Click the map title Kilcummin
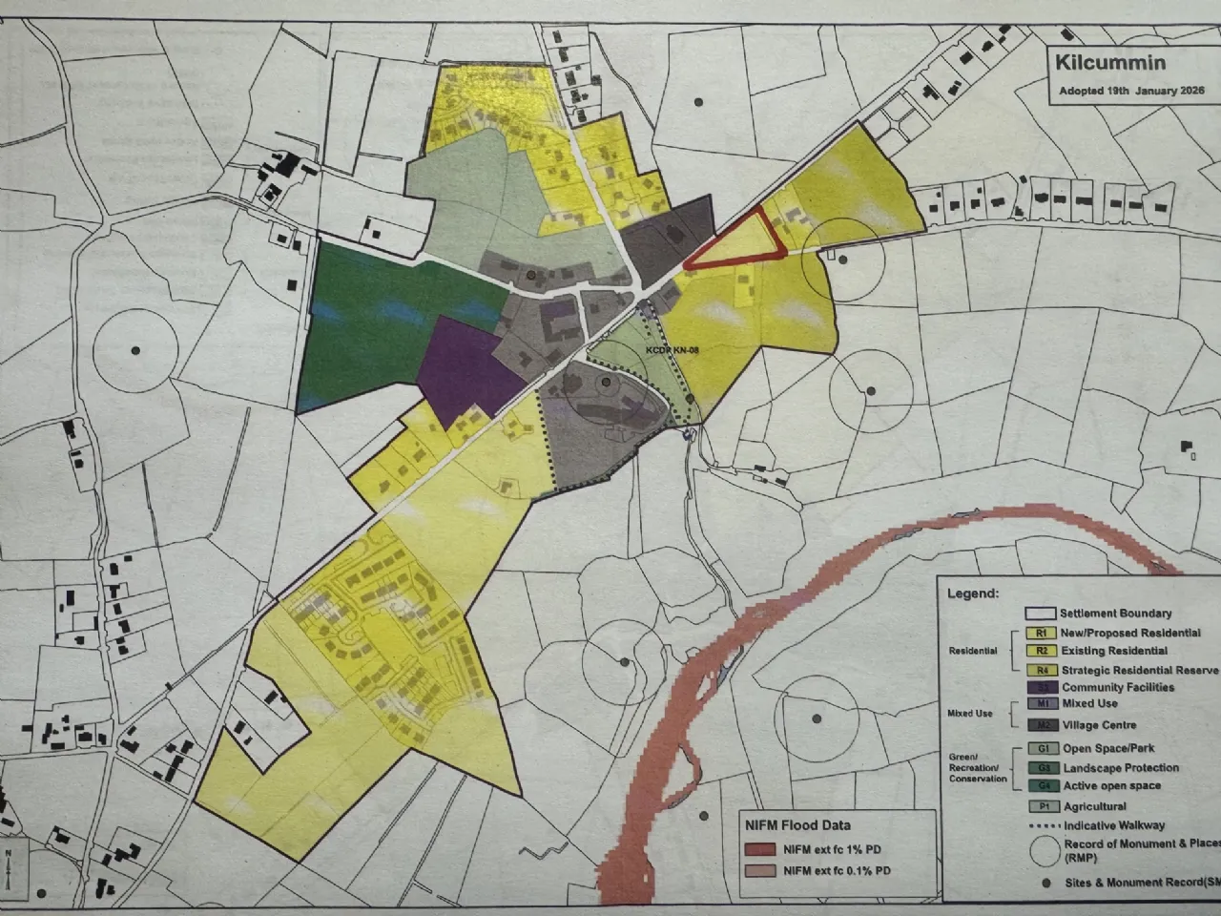pos(1096,64)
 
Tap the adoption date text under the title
pos(1131,92)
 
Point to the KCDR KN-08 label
pos(673,351)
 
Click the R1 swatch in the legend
pos(1042,632)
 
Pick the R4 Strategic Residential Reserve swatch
pos(1042,670)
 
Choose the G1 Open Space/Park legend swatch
pos(1044,749)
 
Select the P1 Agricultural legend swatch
pos(1044,806)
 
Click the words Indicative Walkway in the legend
pos(1114,825)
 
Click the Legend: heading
pos(972,593)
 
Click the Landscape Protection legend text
pos(1121,767)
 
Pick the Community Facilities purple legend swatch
pos(1042,687)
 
